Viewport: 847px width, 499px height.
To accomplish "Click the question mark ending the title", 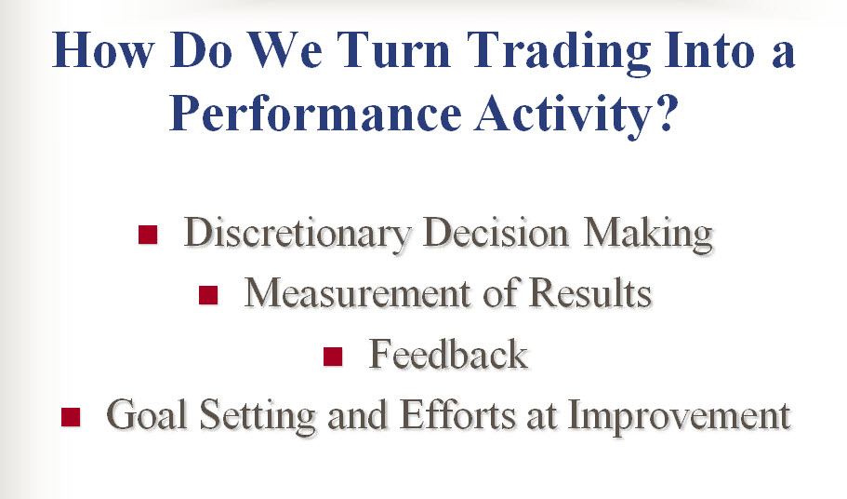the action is coord(666,112).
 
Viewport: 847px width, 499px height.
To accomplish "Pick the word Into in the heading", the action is coord(708,49).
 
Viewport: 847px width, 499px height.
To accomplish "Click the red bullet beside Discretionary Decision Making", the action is coord(148,235).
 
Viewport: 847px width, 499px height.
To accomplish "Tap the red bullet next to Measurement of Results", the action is coord(208,295).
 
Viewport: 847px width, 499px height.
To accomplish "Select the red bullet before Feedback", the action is coord(333,357).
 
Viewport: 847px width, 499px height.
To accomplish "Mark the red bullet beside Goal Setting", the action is coord(71,417).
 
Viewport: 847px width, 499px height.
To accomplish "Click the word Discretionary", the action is coord(298,235).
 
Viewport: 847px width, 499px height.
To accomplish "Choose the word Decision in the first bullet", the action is coord(496,233).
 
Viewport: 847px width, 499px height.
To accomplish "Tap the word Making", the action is coord(648,235).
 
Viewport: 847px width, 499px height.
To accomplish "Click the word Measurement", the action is coord(357,293).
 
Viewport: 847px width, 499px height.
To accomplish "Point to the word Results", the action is coord(590,293).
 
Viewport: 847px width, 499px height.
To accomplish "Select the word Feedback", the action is coord(448,354).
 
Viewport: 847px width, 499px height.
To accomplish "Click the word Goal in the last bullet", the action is coord(146,414).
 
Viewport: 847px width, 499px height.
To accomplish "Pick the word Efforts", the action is coord(457,414).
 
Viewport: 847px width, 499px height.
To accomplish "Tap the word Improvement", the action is coord(680,417).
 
